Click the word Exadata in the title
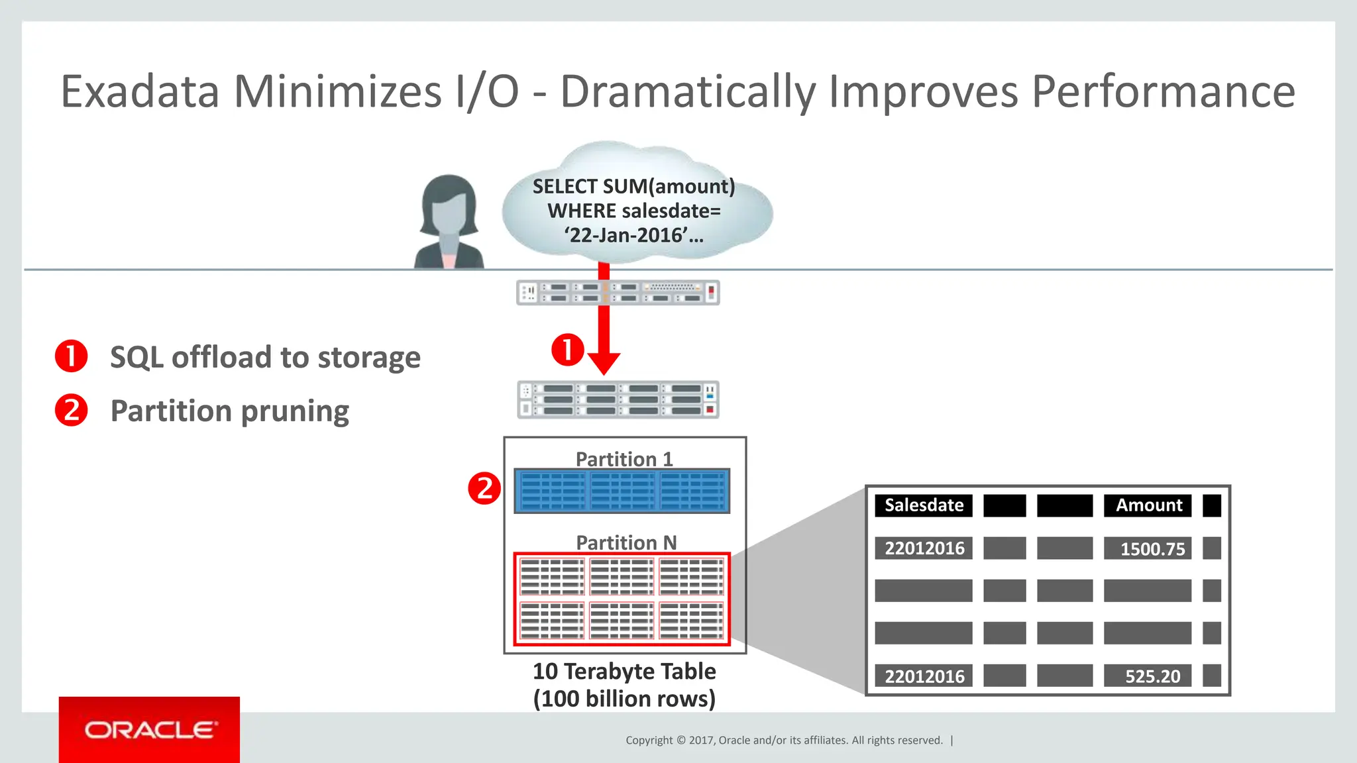pos(140,91)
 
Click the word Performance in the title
pos(1163,91)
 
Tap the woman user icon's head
pos(449,202)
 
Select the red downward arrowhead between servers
pos(604,363)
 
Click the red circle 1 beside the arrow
pos(568,349)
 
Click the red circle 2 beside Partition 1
pos(484,489)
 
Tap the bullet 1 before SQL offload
pos(72,356)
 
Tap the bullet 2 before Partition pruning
pos(72,410)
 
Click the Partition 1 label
pos(624,459)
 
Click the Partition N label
pos(626,542)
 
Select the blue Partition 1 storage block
pos(622,491)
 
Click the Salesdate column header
pos(924,505)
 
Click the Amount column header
pos(1148,505)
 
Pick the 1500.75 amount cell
pos(1152,548)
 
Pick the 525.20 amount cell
pos(1152,676)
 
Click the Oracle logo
pos(150,730)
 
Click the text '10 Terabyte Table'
pos(624,672)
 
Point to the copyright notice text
pos(784,740)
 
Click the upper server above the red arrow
pos(618,293)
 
